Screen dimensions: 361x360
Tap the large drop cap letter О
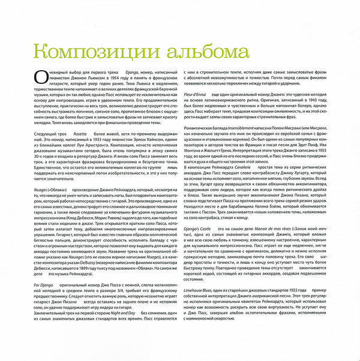click(39, 77)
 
